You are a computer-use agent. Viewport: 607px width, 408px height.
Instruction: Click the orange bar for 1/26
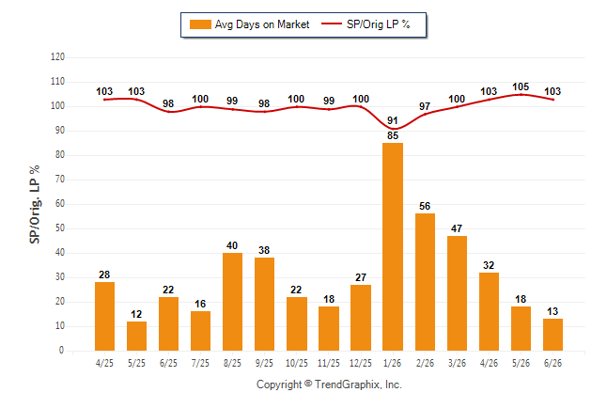point(393,247)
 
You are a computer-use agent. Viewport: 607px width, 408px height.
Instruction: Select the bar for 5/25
point(136,336)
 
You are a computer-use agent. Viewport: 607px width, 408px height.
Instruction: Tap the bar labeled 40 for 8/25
point(233,302)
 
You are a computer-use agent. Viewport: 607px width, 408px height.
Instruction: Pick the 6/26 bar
point(553,335)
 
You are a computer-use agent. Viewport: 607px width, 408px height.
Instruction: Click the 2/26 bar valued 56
point(425,282)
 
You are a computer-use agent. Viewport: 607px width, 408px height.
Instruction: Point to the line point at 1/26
point(393,128)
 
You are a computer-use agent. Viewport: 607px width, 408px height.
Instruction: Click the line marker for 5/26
point(521,94)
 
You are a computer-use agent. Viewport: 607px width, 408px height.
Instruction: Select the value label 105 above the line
point(521,86)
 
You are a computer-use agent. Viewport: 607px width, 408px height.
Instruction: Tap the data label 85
point(393,135)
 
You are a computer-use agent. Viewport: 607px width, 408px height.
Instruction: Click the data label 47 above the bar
point(457,228)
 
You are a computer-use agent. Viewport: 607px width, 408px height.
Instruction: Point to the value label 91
point(393,120)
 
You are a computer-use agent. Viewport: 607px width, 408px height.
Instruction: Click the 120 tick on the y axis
point(57,57)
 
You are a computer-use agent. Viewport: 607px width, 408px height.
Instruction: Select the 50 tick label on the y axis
point(60,228)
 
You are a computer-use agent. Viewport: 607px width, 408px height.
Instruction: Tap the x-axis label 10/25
point(297,363)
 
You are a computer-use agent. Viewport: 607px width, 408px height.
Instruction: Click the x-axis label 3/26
point(457,363)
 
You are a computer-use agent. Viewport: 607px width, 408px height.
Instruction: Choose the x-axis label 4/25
point(104,363)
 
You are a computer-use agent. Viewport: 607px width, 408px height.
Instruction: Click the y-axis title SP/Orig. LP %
point(35,204)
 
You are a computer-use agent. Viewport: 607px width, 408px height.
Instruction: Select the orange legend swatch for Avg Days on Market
point(200,24)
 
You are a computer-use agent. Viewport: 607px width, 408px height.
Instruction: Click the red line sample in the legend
point(332,24)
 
